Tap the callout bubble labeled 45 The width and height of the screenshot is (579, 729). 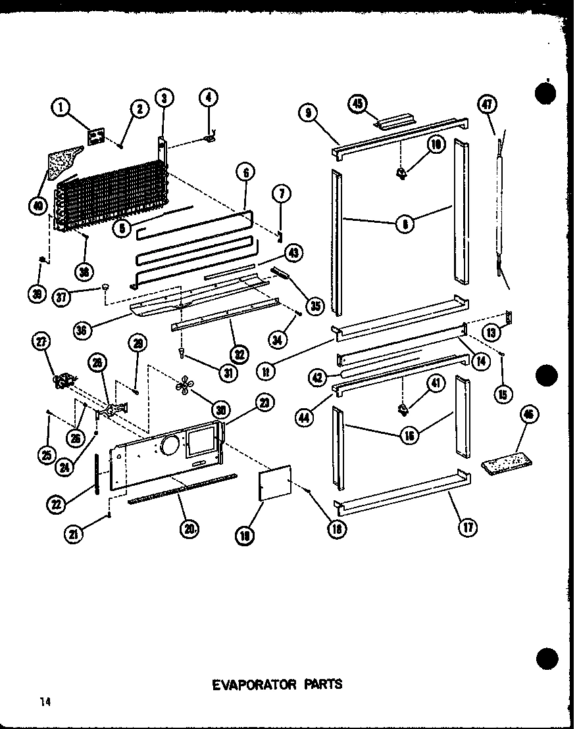[x=359, y=104]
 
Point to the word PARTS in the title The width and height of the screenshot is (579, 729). [x=322, y=684]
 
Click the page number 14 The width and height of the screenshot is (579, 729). [x=44, y=702]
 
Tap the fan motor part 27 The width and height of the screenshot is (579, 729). [x=64, y=381]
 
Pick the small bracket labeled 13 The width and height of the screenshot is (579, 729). [x=508, y=318]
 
